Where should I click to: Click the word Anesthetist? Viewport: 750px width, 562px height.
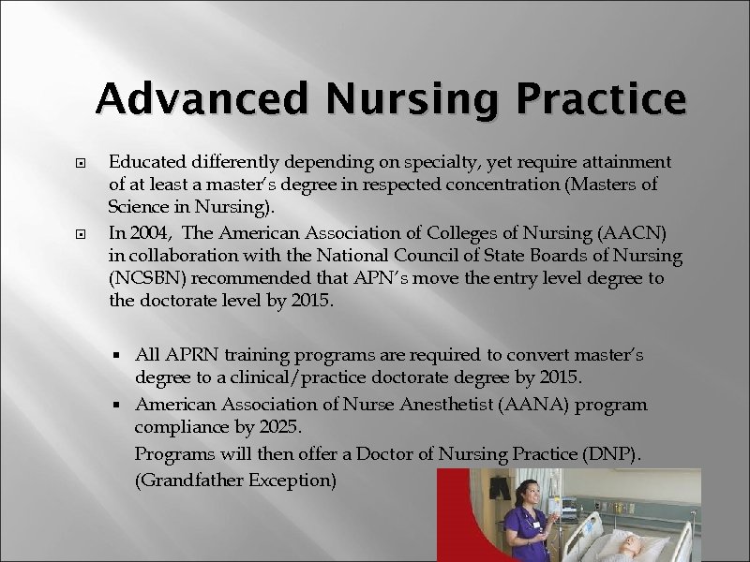pos(411,406)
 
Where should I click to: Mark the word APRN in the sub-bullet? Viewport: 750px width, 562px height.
pos(192,356)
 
